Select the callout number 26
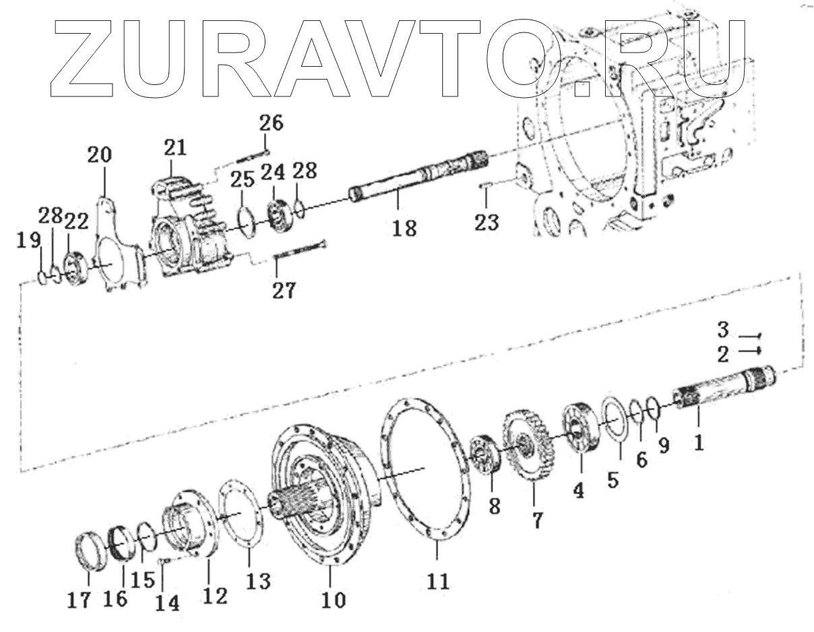272,124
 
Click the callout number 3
722,331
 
